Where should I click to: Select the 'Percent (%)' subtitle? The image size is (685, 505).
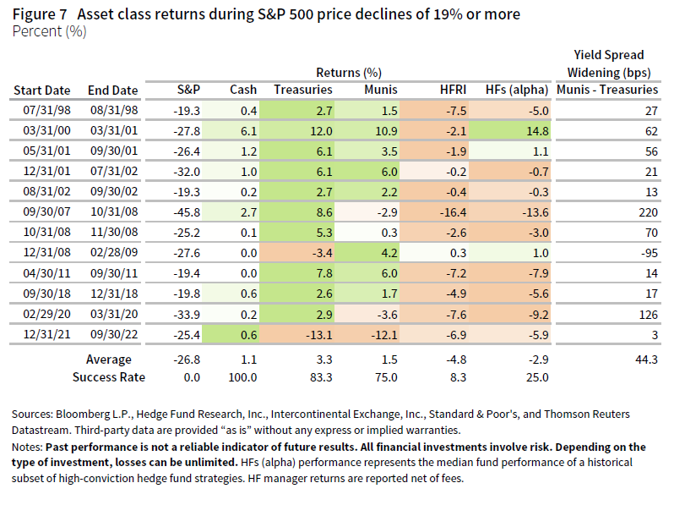(50, 31)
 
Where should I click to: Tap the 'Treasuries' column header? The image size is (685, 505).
(302, 90)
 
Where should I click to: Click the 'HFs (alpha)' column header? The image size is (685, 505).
(517, 90)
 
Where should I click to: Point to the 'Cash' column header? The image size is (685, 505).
(243, 90)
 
